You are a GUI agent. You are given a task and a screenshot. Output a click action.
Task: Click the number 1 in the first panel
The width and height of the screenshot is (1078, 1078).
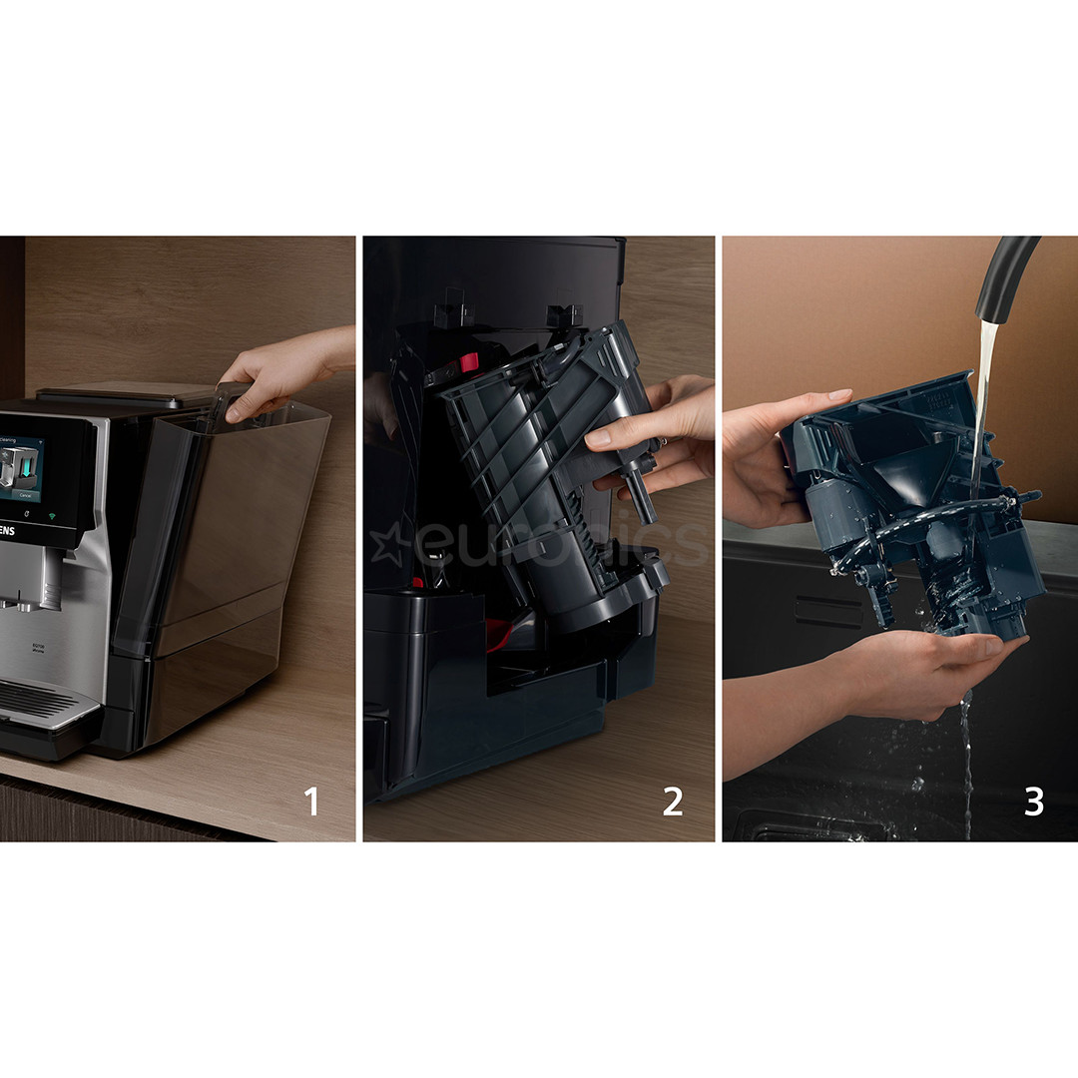point(311,801)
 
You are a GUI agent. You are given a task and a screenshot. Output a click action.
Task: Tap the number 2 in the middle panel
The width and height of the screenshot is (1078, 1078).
point(673,801)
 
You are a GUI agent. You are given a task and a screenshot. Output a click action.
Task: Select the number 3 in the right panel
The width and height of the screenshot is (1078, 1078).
point(1033,801)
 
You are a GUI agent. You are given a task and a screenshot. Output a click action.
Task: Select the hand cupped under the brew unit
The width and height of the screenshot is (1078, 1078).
point(928,669)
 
